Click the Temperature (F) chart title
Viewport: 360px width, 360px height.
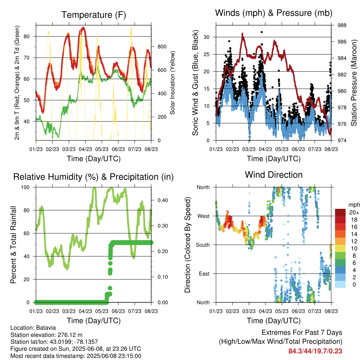pos(94,15)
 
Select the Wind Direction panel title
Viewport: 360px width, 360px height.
pos(274,175)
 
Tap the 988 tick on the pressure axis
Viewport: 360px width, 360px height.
pos(342,25)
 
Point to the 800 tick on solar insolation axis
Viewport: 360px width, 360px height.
pos(162,47)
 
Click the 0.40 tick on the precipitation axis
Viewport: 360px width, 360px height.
pos(162,200)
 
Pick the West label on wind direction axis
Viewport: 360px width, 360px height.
pos(204,216)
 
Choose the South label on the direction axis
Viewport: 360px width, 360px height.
pos(203,245)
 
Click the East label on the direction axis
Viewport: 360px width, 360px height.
pos(204,274)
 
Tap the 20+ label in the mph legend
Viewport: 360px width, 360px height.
pos(354,212)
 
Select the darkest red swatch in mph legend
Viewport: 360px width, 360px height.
pos(340,212)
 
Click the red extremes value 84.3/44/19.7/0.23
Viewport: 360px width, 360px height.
pos(315,351)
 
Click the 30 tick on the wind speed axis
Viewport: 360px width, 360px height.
pos(207,37)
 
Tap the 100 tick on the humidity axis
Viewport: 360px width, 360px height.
pos(25,187)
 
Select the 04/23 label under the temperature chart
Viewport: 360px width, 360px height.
pos(85,149)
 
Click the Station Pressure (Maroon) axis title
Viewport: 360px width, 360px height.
pos(354,83)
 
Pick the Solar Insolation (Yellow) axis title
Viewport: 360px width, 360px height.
pos(172,83)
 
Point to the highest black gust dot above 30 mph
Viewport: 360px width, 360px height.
pos(262,32)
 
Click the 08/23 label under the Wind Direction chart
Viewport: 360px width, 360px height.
pos(331,311)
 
